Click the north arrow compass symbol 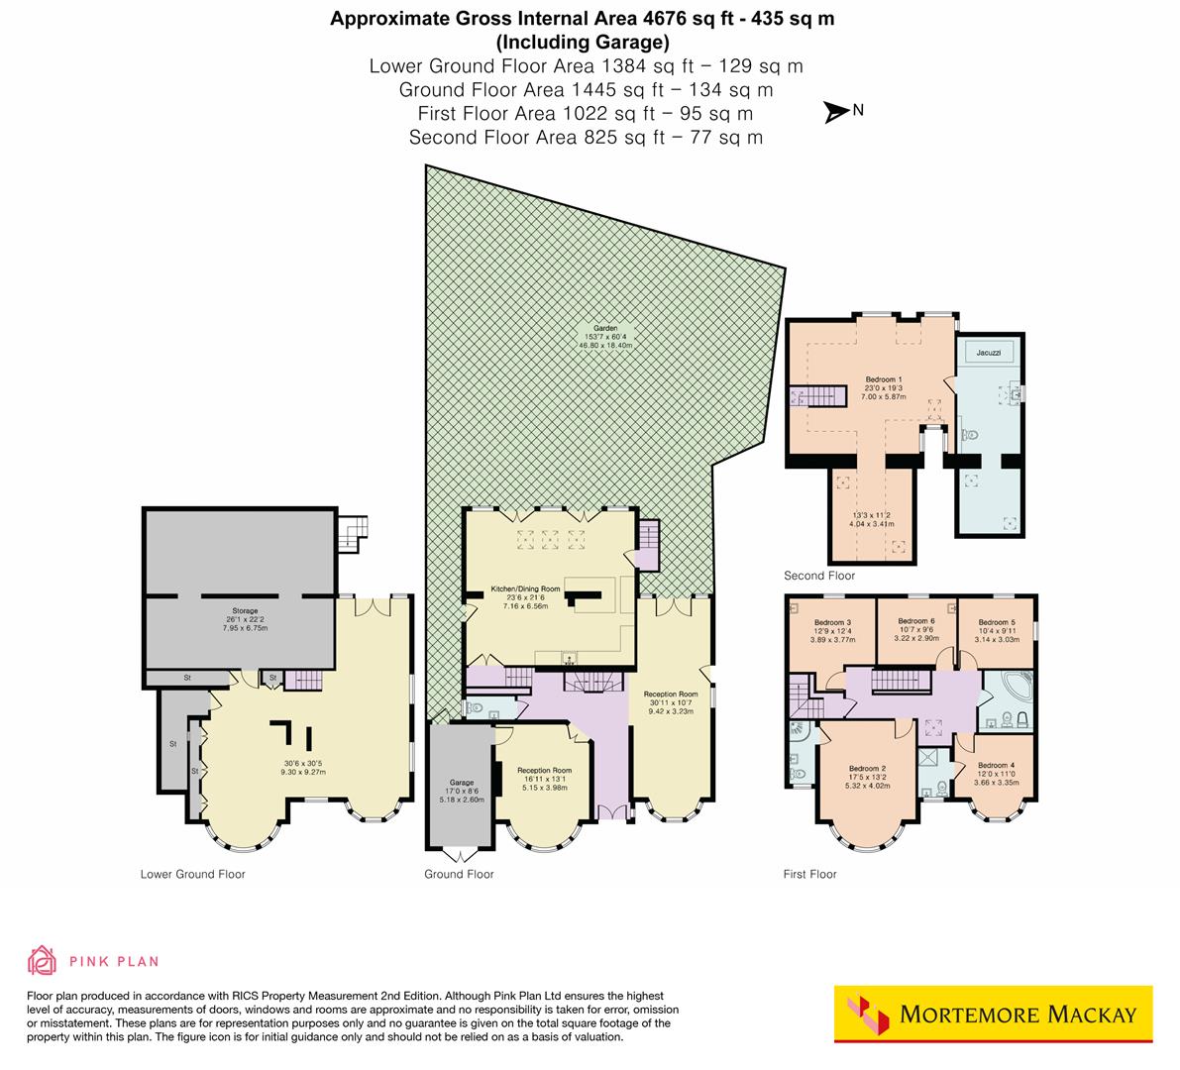(x=838, y=113)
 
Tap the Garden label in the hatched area (x=605, y=328)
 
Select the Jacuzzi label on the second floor (x=988, y=352)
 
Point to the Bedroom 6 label (x=915, y=621)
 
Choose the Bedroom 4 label (x=997, y=765)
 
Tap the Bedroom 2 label (x=867, y=769)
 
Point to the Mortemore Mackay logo (x=993, y=1014)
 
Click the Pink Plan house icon (x=43, y=960)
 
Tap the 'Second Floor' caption (x=818, y=576)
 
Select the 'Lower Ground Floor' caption (x=192, y=874)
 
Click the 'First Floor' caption (x=809, y=874)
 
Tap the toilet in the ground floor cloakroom (x=475, y=708)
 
